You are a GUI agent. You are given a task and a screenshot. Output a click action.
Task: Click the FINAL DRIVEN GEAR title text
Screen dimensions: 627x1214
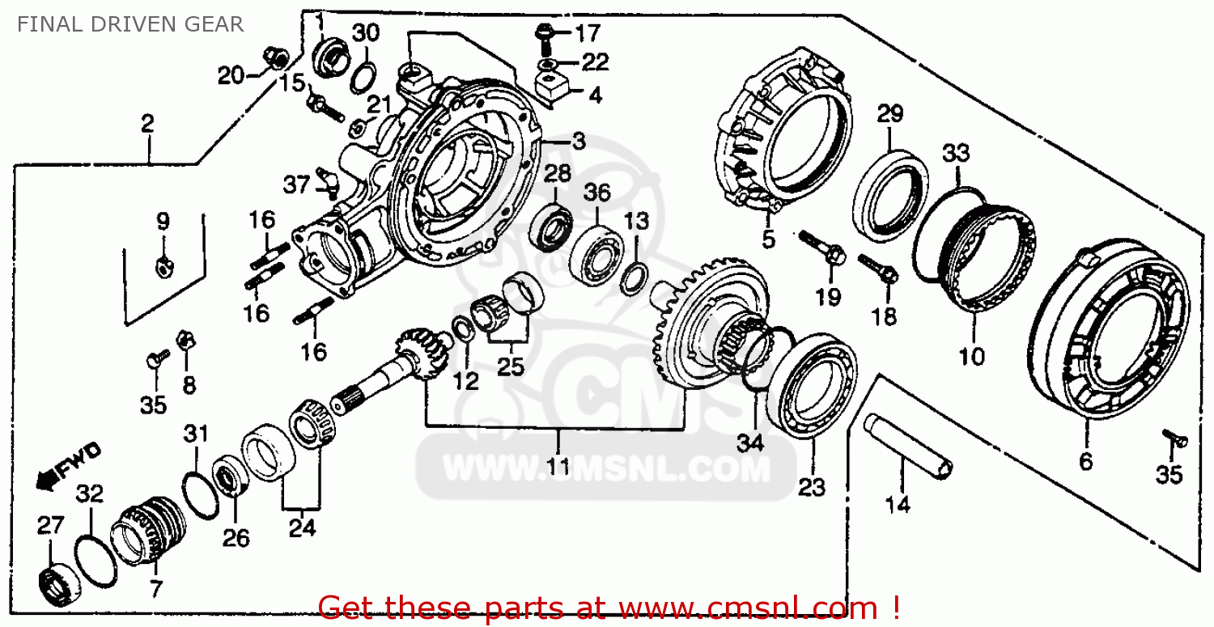129,24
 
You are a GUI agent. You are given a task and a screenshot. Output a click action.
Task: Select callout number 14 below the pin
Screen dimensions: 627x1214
898,506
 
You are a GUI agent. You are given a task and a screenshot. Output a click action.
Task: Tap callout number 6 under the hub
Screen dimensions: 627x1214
1085,462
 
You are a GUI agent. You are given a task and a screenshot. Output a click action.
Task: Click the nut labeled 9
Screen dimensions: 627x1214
163,262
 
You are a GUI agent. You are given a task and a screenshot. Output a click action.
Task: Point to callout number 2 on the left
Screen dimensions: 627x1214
147,124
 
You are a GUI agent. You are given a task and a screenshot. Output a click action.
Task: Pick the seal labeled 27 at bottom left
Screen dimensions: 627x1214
58,577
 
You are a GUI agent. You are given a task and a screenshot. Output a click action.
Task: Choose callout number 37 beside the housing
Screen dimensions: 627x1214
296,185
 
